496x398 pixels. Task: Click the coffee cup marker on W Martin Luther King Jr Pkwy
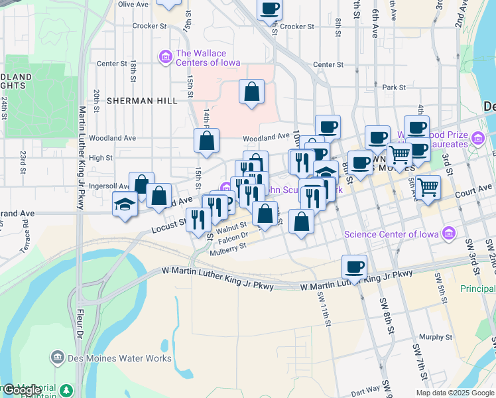pos(355,267)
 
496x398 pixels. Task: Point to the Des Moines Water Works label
pos(119,359)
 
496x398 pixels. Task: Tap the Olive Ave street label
pos(133,4)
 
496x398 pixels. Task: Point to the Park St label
pos(393,87)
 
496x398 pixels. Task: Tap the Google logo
pos(22,390)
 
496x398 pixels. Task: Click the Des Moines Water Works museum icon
pos(58,359)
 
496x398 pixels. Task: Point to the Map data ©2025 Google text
pos(454,392)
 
